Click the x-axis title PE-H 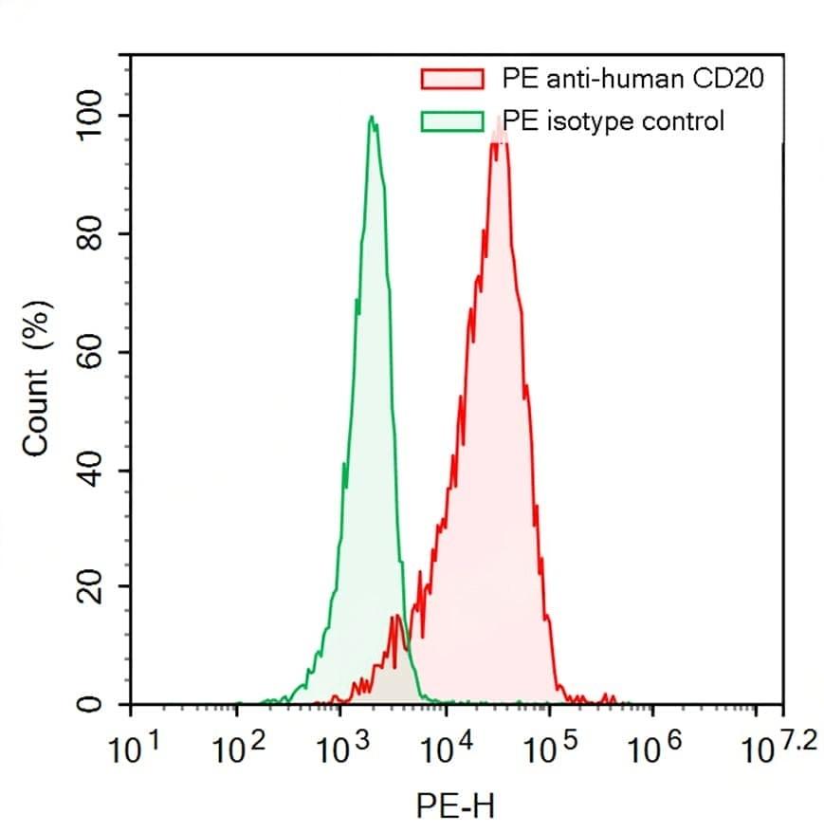point(454,807)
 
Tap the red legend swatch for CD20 point(452,78)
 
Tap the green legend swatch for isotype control point(452,121)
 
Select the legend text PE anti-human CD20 point(632,78)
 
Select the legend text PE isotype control point(613,121)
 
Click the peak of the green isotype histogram point(372,119)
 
